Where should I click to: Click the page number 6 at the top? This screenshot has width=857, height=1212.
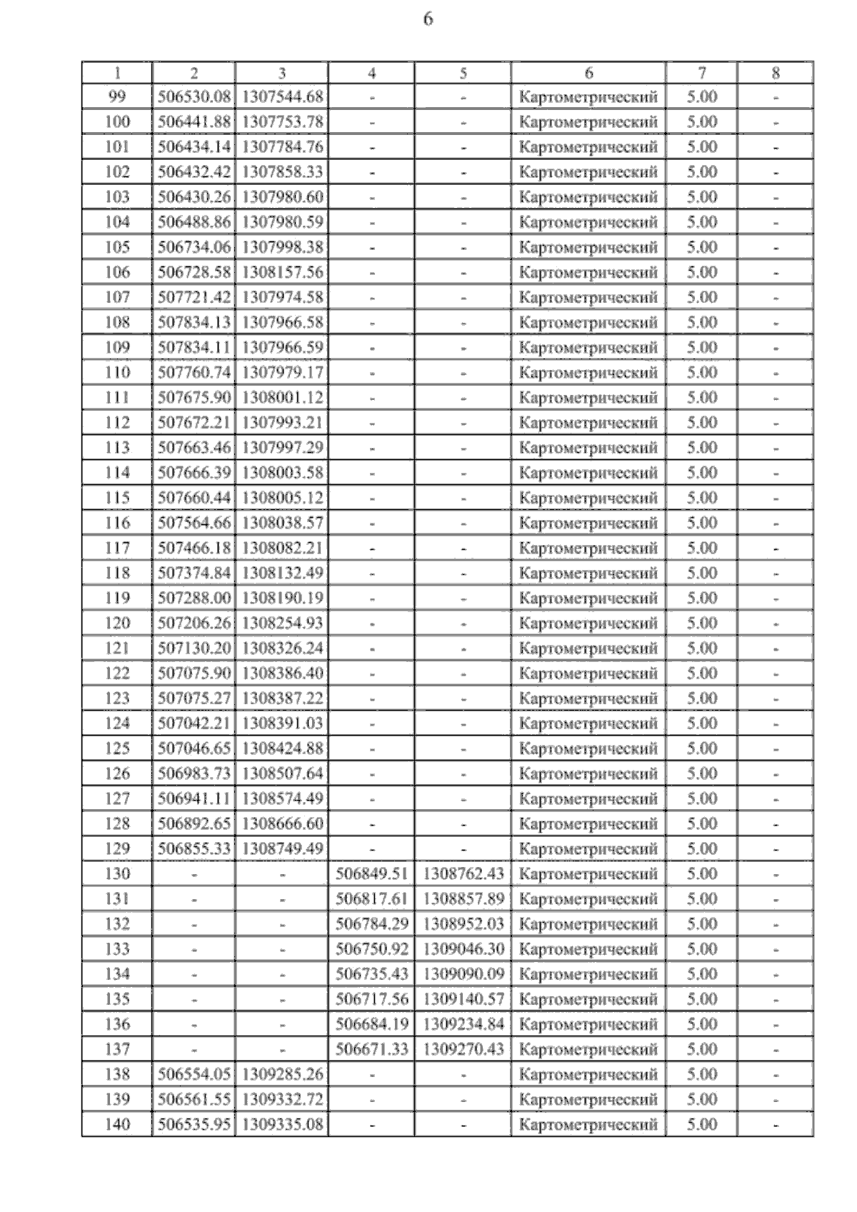[x=428, y=19]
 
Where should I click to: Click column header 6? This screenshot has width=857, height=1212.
[x=588, y=73]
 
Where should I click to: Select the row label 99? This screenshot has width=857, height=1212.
[x=117, y=96]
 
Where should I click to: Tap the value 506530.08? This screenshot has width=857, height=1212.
[x=194, y=96]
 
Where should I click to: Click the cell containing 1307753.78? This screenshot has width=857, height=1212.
[x=282, y=122]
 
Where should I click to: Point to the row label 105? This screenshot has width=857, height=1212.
[x=117, y=247]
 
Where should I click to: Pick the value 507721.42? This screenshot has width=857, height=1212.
[x=194, y=297]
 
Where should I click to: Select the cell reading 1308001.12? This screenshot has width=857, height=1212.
[x=282, y=398]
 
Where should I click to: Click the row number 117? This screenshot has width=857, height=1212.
[x=117, y=548]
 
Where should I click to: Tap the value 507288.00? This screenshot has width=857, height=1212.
[x=194, y=598]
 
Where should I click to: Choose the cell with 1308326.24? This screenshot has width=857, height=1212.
[x=282, y=648]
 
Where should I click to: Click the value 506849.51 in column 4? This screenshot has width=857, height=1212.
[x=371, y=873]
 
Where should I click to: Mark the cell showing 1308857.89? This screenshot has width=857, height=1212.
[x=463, y=898]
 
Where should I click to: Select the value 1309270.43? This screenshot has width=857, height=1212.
[x=463, y=1049]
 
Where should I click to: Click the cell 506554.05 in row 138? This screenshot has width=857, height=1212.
[x=194, y=1074]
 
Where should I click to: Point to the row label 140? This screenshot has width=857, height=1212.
[x=117, y=1124]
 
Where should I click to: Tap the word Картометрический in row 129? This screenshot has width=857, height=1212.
[x=588, y=848]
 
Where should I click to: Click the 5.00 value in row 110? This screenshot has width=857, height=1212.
[x=701, y=372]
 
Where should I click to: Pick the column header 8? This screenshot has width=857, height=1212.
[x=776, y=73]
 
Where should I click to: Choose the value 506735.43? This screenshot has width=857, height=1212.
[x=371, y=973]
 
